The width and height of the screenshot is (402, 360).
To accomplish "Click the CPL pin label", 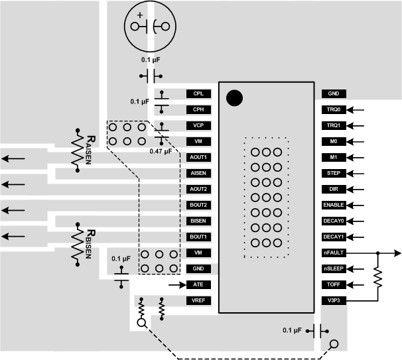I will [x=198, y=94].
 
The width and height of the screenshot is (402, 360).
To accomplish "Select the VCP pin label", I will [x=198, y=125].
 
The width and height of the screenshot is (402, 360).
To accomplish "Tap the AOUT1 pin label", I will [x=198, y=157].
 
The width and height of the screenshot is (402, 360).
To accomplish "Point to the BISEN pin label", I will [x=198, y=221].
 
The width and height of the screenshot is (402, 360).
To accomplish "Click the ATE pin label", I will [x=198, y=285].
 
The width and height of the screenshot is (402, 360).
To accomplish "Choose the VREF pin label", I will [x=198, y=301].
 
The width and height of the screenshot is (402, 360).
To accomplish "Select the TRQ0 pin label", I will [x=333, y=110].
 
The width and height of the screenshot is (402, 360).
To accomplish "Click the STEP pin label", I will [x=333, y=173].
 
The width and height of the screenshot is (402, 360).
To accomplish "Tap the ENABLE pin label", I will [x=333, y=205].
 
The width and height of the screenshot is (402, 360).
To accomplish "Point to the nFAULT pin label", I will [x=333, y=253].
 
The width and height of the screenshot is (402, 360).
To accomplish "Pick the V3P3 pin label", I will [x=333, y=301].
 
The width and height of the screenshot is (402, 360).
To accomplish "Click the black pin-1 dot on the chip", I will [x=234, y=98].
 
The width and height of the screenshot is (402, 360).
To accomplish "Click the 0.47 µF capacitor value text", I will [x=161, y=150].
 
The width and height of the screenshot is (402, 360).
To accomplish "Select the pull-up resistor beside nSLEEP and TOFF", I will [x=378, y=277].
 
